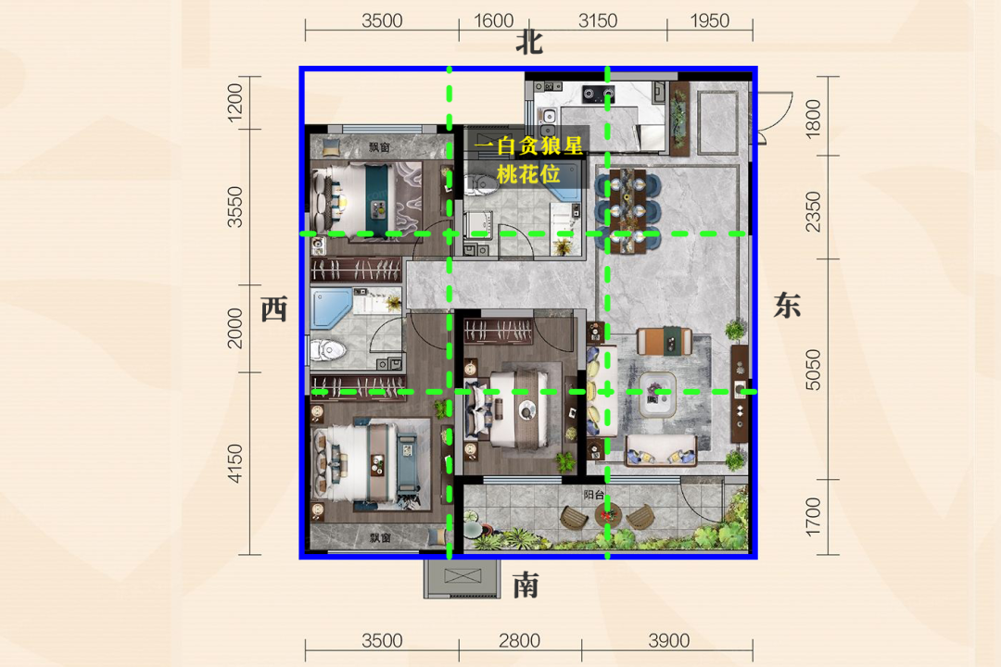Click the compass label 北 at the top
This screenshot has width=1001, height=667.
click(x=529, y=44)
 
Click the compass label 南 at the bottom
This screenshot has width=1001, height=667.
click(x=526, y=585)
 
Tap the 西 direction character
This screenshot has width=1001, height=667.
click(x=274, y=309)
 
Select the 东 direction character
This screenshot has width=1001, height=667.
click(x=787, y=305)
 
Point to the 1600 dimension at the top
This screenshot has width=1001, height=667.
click(x=493, y=21)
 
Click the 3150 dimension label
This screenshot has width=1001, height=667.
click(x=598, y=21)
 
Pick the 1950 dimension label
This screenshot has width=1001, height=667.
click(x=709, y=21)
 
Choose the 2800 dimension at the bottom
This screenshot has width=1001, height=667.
click(x=520, y=640)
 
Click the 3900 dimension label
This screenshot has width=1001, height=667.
click(x=669, y=640)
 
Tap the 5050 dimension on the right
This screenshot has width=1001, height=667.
click(x=812, y=370)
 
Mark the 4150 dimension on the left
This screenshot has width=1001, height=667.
click(x=234, y=463)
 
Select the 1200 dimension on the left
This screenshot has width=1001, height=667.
click(x=234, y=102)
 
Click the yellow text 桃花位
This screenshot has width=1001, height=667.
click(x=528, y=173)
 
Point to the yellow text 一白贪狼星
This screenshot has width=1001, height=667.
click(x=528, y=146)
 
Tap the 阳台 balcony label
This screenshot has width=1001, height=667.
click(x=594, y=495)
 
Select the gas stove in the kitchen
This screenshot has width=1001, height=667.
click(x=598, y=95)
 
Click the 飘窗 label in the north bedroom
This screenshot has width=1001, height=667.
click(x=379, y=147)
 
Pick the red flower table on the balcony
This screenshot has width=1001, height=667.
click(x=607, y=514)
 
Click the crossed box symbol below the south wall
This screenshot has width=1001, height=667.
click(x=462, y=575)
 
